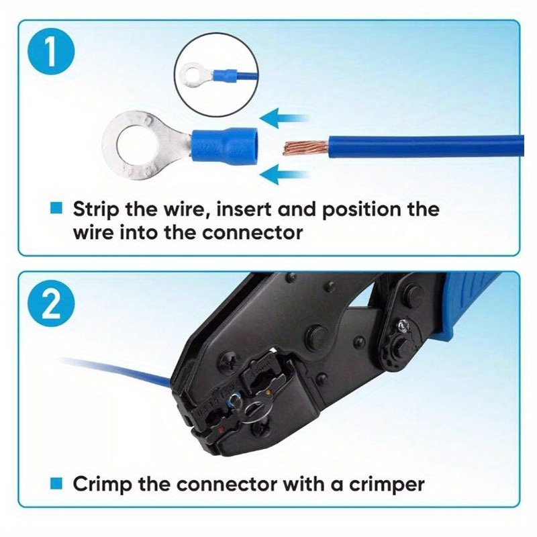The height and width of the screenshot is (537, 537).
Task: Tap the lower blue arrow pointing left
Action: point(282,176)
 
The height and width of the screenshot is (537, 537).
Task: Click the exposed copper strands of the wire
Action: point(304,146)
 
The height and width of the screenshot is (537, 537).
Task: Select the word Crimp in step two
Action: point(100,483)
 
